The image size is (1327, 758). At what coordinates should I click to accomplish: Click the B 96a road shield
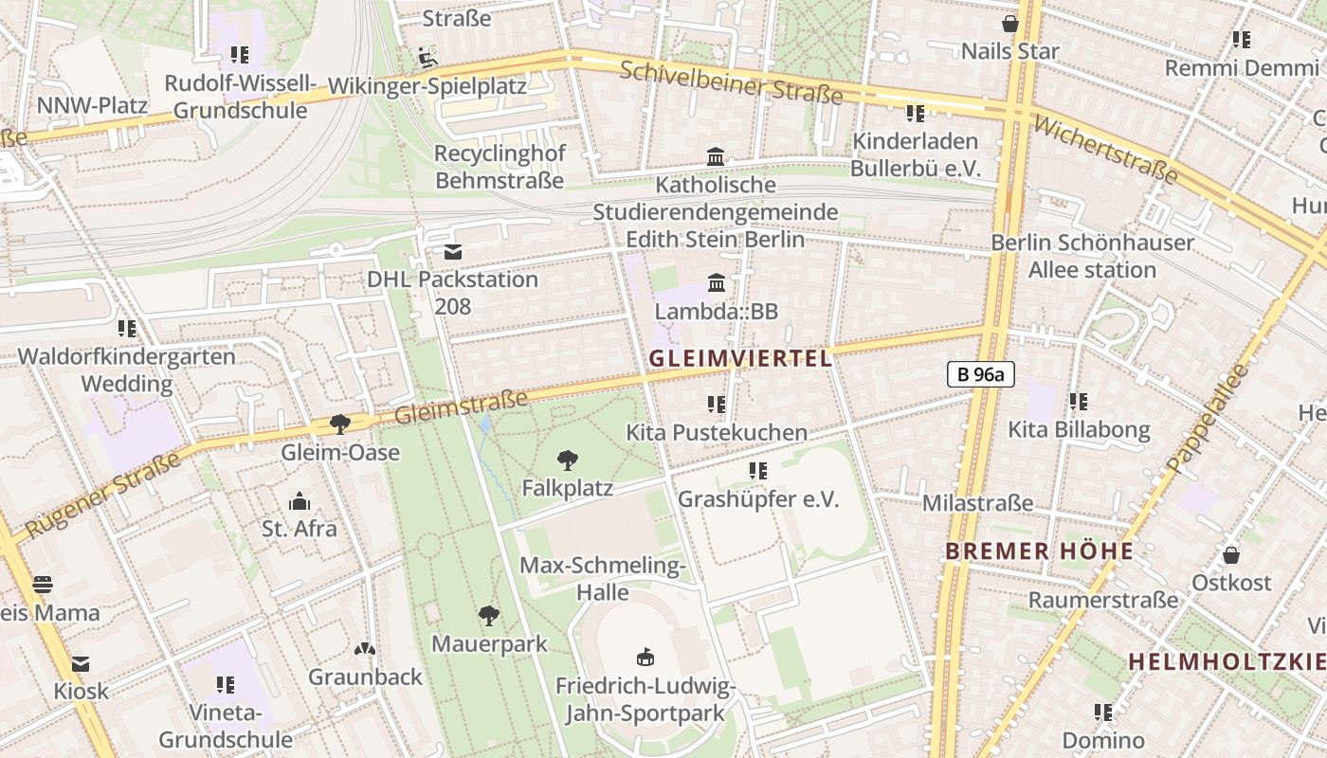point(980,374)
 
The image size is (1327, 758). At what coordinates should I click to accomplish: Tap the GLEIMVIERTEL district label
point(740,358)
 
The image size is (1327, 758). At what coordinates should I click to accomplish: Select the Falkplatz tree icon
point(568,461)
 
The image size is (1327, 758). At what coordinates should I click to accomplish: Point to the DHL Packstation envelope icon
point(453,252)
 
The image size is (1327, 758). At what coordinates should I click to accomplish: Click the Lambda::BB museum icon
point(717,283)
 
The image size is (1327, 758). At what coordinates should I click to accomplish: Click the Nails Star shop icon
point(1010,24)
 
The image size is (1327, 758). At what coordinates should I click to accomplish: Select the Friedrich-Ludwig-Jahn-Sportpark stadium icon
point(645,657)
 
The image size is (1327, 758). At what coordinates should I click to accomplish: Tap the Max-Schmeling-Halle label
point(602,579)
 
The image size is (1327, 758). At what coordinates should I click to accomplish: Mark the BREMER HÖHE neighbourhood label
point(1039,550)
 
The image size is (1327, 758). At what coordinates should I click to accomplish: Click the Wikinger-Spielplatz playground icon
point(427,59)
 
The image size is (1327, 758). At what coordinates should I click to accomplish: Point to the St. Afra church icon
point(300,501)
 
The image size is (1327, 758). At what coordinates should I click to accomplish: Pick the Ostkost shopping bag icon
point(1231,555)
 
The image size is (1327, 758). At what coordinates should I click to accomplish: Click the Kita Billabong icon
point(1078,402)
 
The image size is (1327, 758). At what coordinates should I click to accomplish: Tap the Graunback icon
point(365,650)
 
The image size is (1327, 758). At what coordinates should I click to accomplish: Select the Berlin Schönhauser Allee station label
point(1092,256)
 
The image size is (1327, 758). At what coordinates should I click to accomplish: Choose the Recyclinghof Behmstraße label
point(499,167)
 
